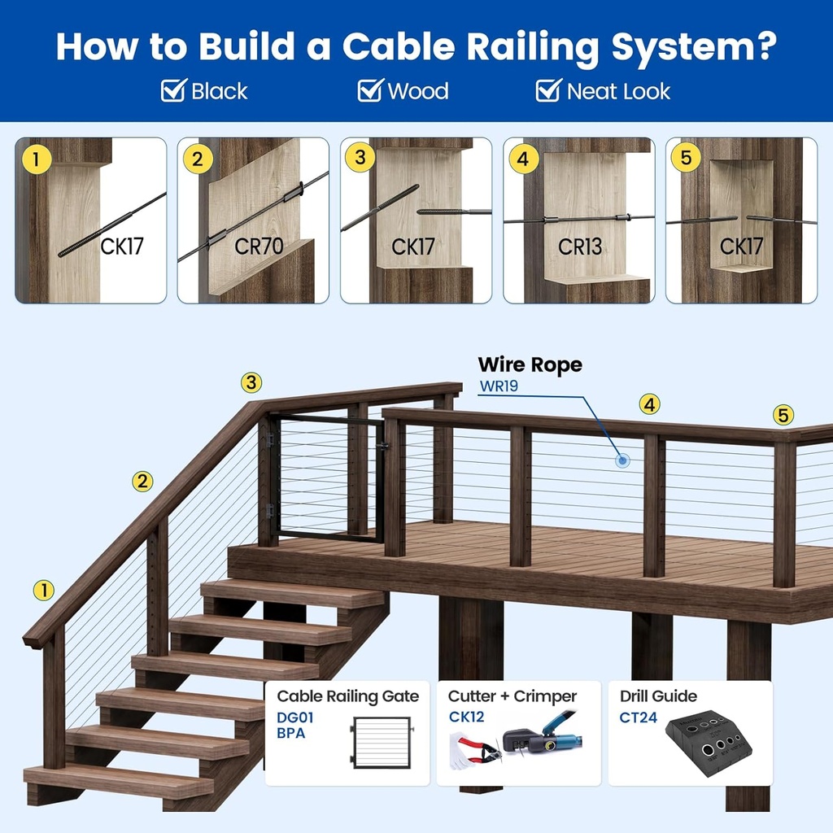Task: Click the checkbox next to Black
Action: tap(174, 90)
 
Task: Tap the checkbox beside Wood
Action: tap(370, 90)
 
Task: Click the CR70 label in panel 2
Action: tap(259, 246)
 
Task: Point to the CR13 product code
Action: tap(579, 246)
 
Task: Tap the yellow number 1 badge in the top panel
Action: tap(36, 159)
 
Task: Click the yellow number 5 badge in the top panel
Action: tap(686, 157)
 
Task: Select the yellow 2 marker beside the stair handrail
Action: tap(142, 482)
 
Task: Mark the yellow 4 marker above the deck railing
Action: tap(649, 405)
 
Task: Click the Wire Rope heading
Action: tap(530, 364)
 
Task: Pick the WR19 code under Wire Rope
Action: tap(499, 386)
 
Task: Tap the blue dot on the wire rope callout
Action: tap(622, 460)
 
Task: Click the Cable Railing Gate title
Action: tap(348, 696)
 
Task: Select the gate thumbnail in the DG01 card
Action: tap(382, 742)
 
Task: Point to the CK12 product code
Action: tap(466, 717)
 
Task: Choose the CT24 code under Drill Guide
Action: tap(638, 717)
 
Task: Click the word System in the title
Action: tap(695, 47)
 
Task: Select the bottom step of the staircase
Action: tap(118, 782)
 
